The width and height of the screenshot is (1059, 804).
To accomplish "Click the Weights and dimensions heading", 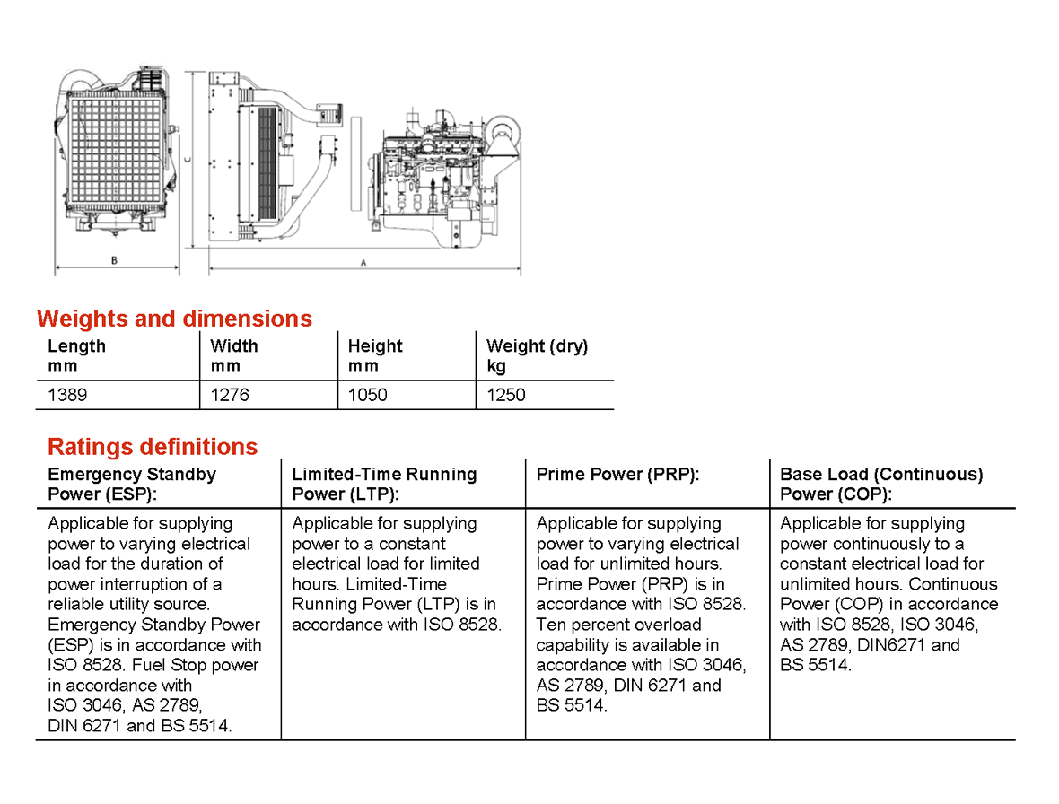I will (x=174, y=319).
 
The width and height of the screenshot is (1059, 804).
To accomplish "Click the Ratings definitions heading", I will (x=153, y=447).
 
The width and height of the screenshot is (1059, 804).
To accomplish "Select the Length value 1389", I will (x=67, y=395).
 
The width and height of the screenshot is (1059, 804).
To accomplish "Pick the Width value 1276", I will (x=230, y=395).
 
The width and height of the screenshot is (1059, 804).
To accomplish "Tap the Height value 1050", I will (x=368, y=395).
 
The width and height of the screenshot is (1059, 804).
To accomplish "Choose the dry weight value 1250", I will (x=506, y=395).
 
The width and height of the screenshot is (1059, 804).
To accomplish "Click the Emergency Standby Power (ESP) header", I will (x=132, y=484).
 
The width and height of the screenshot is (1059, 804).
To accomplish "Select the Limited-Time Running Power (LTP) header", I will (x=384, y=484).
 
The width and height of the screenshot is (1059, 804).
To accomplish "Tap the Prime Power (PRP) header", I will (x=617, y=475).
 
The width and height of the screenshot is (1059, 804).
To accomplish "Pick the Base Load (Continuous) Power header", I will (x=881, y=484).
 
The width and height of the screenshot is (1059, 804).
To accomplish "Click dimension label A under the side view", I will (x=363, y=263).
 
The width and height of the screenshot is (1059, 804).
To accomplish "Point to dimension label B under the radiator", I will (x=114, y=261).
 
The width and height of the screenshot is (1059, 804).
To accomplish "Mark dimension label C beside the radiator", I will (x=187, y=158).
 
